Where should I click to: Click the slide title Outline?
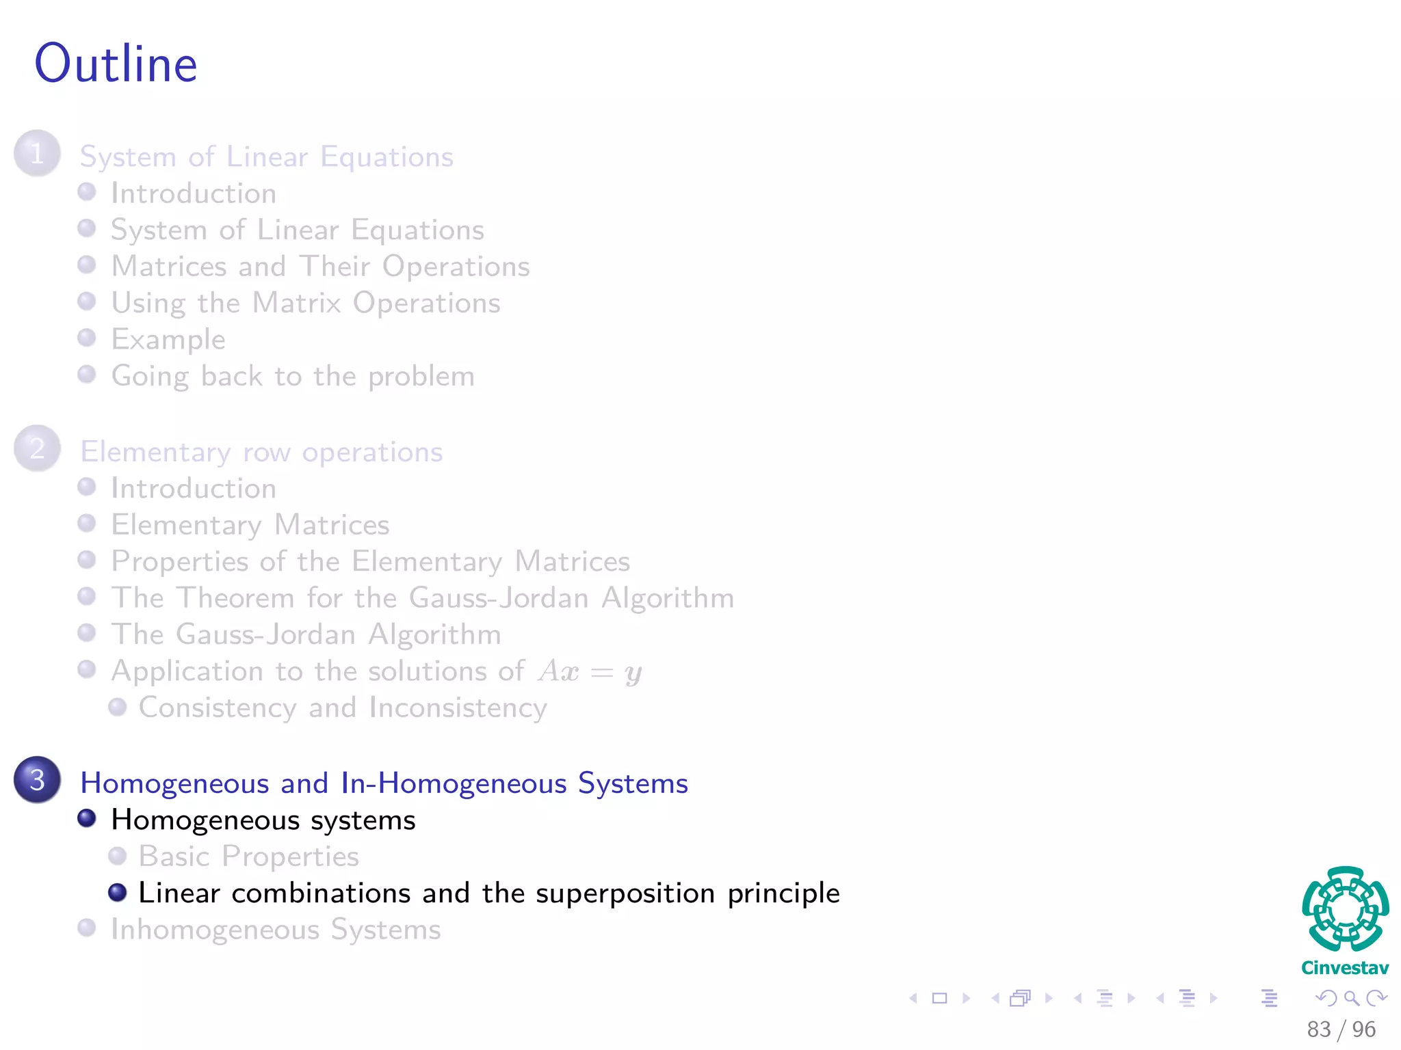116,64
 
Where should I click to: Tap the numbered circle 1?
37,153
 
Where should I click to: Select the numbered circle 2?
37,448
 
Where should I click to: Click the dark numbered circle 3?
37,779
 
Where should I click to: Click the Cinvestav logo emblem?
1345,909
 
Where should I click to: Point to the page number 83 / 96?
1341,1029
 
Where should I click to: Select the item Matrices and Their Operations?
320,267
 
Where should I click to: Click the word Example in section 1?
168,340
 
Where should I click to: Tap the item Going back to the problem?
293,377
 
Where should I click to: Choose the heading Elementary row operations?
261,453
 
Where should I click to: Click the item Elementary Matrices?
250,525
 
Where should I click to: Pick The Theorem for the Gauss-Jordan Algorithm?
423,598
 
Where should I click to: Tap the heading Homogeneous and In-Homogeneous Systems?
384,783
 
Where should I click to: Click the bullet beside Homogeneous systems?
87,818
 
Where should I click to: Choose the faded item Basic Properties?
249,857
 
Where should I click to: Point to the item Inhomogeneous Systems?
276,930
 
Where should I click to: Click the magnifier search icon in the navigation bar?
1351,998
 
